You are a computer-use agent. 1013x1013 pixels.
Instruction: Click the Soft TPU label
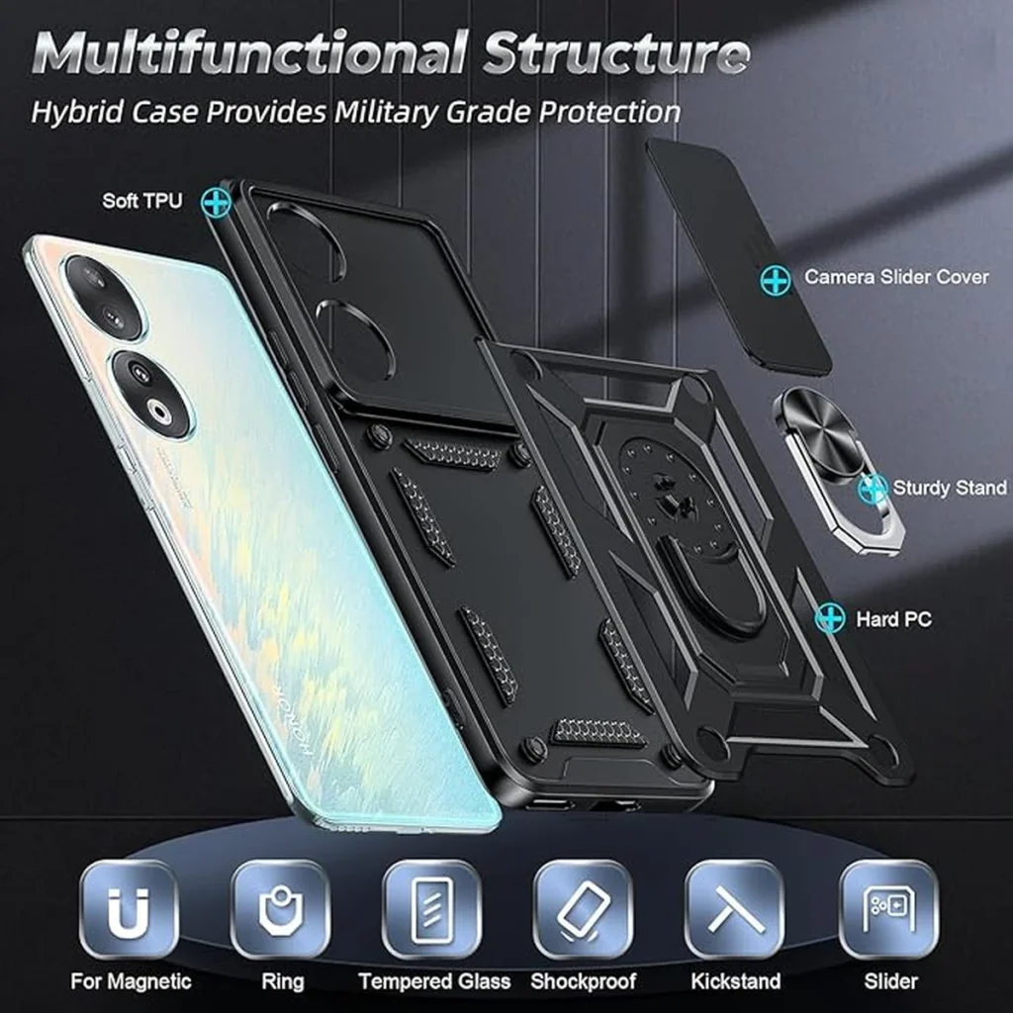[142, 201]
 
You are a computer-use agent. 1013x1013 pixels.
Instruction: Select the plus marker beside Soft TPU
[216, 202]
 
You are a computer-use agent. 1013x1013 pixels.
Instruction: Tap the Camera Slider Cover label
[896, 277]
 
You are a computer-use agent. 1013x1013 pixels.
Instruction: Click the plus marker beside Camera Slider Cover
[776, 280]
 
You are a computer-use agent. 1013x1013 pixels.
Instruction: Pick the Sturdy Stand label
[950, 487]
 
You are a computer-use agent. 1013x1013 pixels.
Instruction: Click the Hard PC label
[893, 619]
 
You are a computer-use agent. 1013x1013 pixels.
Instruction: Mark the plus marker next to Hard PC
[830, 618]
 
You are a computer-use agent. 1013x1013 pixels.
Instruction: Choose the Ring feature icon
[281, 909]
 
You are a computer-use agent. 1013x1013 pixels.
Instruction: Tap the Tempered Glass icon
[432, 909]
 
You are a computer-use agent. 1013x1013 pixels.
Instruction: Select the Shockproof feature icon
[584, 909]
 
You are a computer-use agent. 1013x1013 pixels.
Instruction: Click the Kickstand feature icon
[735, 909]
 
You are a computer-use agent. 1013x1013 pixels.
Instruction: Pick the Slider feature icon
[889, 909]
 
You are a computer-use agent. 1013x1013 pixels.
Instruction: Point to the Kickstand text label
[736, 981]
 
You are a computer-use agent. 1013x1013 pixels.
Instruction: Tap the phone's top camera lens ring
[104, 296]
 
